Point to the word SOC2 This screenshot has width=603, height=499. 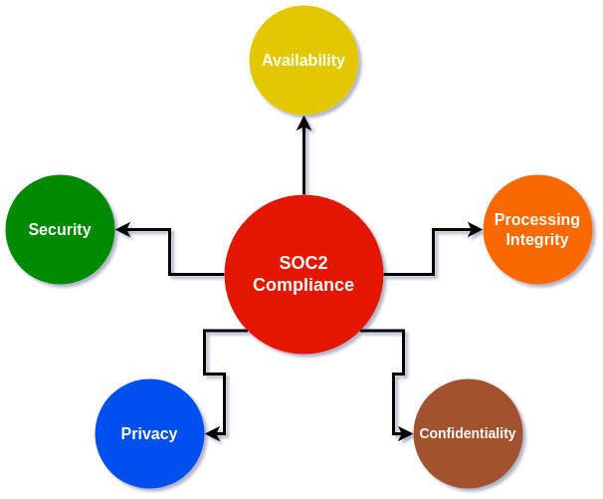303,264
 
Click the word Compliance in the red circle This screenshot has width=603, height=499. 303,285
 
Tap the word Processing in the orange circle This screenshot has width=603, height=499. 537,219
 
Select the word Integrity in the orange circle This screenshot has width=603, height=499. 537,240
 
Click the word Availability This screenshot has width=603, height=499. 303,60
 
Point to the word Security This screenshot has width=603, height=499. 60,230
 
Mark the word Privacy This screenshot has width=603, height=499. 149,434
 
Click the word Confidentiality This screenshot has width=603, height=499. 468,433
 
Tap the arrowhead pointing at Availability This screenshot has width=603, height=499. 303,124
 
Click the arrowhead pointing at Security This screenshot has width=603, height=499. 123,229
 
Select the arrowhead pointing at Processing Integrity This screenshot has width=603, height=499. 475,229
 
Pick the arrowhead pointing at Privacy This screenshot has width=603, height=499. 212,433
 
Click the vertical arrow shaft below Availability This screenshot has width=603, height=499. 303,159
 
